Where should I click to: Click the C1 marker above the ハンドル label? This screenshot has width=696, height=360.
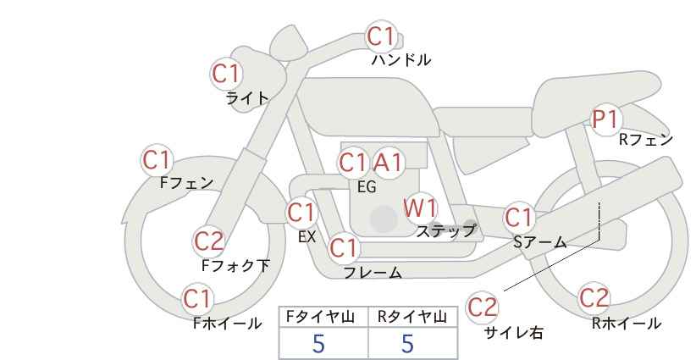point(382,36)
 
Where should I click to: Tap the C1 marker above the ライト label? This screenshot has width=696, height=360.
point(226,74)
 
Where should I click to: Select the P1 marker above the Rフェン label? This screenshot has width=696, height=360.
point(605,119)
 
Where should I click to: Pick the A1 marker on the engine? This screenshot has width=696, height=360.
point(388,163)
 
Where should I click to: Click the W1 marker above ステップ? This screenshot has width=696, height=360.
point(420,208)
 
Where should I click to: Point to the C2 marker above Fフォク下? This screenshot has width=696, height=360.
point(209,242)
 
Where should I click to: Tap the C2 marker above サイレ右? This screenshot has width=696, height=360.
point(482,307)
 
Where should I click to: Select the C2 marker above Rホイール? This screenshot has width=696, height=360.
point(594,298)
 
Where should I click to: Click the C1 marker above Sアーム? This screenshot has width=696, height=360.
point(519,218)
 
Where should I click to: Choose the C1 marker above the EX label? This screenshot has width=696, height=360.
point(301,213)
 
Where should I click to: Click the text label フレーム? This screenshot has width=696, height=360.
point(373,273)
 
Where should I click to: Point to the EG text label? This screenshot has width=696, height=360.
point(367,187)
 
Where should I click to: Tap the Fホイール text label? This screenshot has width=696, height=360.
point(227,324)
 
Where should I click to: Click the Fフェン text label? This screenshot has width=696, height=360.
point(186,183)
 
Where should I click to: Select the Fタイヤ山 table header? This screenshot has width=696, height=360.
point(320,317)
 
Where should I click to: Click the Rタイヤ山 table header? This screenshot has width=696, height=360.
point(412,317)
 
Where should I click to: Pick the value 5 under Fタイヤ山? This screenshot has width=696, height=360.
point(318,344)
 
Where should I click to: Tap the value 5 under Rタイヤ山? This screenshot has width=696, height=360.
point(407,344)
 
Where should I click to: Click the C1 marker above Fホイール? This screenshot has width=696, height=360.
point(197,299)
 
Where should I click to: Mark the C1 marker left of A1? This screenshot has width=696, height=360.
point(353,163)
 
